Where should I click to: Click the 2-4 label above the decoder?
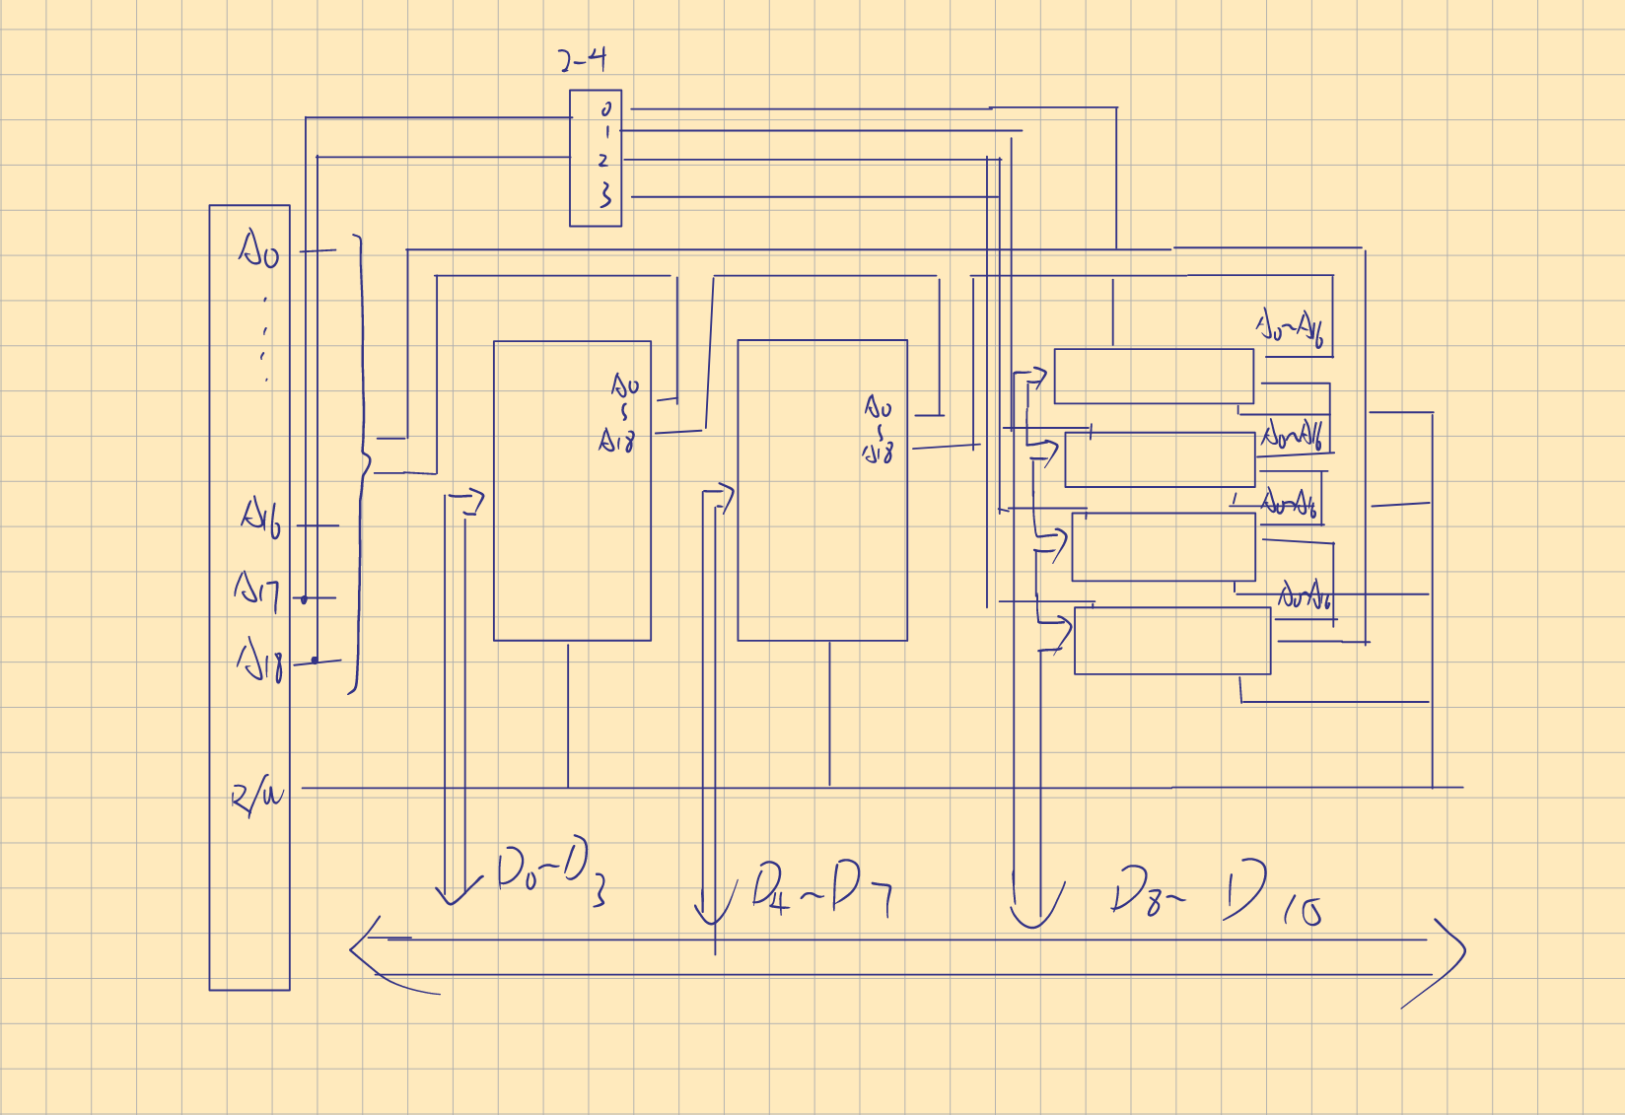[583, 60]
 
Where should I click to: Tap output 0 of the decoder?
[606, 108]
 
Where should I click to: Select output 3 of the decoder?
[605, 195]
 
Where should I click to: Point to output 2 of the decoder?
[603, 160]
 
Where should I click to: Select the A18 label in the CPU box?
[261, 662]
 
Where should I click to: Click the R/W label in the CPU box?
[256, 796]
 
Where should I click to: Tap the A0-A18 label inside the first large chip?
[620, 412]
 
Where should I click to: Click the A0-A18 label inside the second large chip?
[878, 429]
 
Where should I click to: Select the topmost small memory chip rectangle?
[1153, 376]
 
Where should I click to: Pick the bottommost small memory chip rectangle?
[1171, 641]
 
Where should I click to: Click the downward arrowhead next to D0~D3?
[453, 895]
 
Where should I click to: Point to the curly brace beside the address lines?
[361, 463]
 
